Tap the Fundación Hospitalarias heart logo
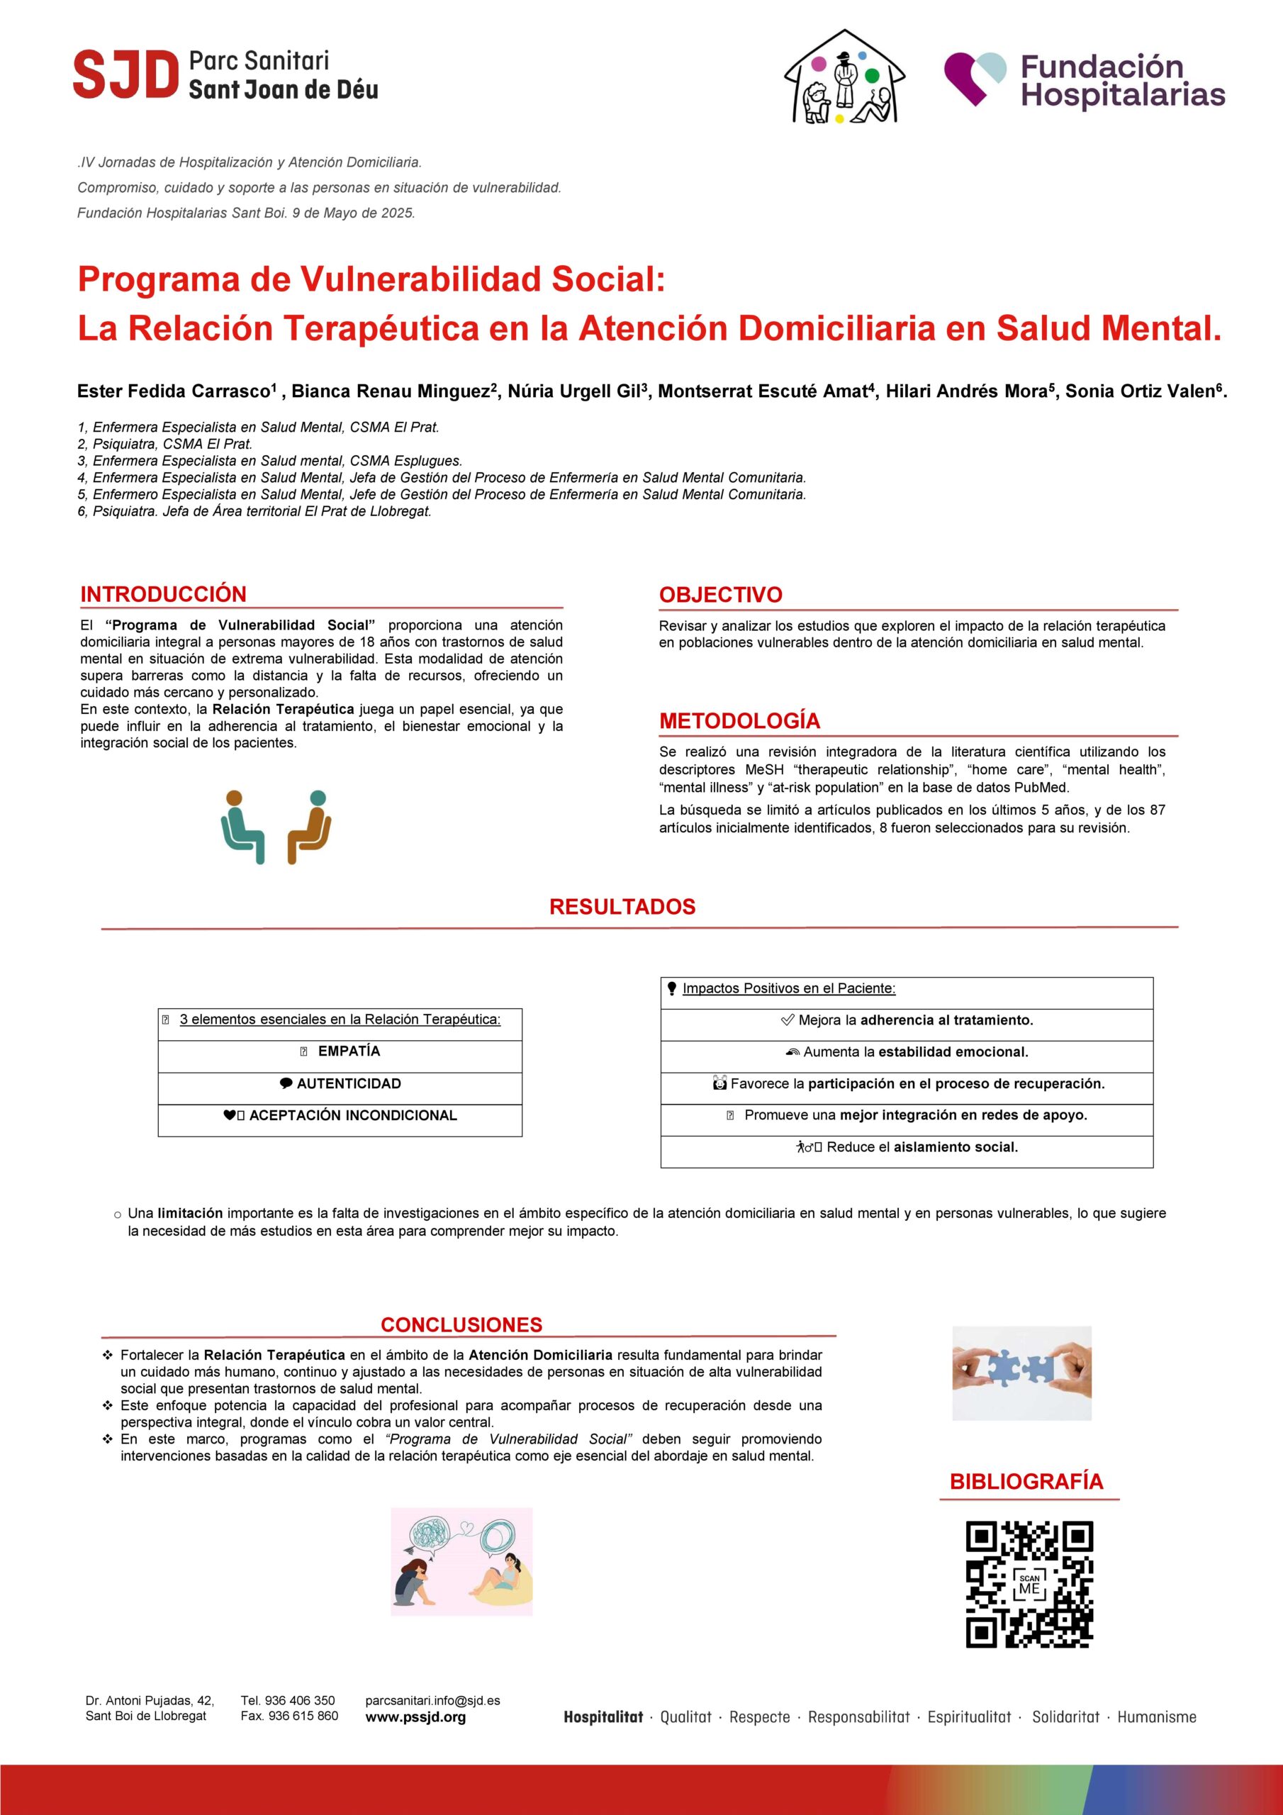point(975,77)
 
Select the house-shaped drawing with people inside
point(844,78)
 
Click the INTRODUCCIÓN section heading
point(163,594)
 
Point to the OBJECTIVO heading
point(720,596)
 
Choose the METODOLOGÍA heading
point(739,721)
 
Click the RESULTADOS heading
point(622,907)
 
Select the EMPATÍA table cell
point(340,1051)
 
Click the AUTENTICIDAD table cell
point(340,1084)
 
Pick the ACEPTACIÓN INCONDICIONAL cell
point(340,1115)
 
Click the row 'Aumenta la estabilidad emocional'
point(907,1052)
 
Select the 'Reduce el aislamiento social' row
point(907,1147)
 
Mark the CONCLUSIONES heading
point(461,1325)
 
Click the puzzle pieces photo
point(1021,1373)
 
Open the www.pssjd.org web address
point(415,1717)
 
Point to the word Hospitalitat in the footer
point(603,1717)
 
